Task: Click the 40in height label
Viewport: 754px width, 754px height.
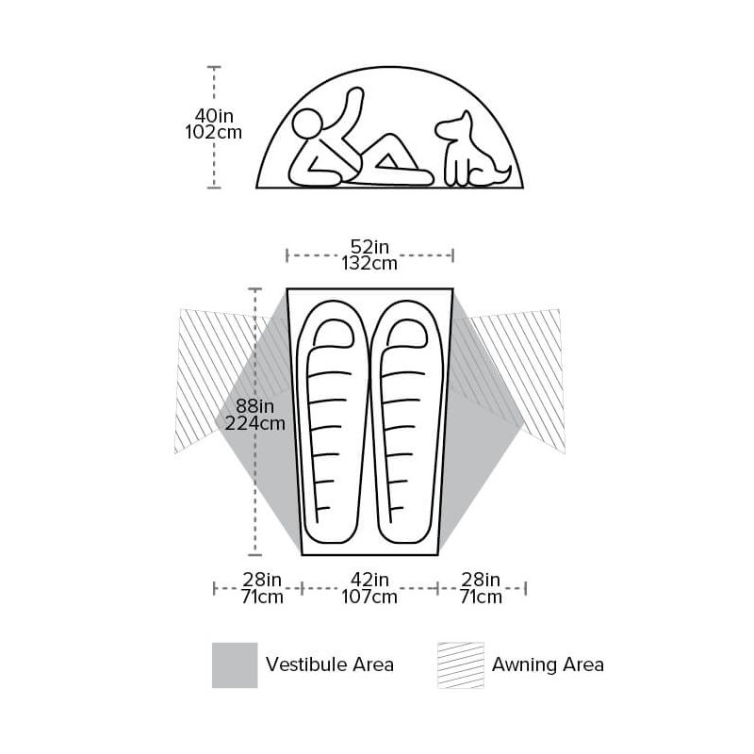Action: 214,116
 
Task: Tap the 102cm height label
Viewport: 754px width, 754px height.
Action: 214,132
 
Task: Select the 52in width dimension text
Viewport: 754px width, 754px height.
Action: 369,247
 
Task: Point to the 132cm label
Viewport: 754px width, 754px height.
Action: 369,264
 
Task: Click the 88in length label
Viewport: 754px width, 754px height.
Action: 254,406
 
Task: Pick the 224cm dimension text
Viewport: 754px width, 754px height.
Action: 254,423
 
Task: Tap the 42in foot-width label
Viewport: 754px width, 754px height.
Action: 369,580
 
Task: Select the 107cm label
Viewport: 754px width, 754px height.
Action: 369,597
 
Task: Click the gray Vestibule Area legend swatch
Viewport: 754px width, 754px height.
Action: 235,665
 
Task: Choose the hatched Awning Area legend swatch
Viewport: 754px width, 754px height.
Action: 461,665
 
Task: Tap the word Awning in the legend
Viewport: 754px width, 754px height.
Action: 521,665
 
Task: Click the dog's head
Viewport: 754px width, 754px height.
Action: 454,126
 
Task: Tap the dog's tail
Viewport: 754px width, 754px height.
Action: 502,174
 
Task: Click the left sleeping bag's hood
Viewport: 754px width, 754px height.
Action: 332,333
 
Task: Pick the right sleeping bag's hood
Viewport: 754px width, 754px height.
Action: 407,333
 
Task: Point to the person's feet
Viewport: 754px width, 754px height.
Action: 425,177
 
